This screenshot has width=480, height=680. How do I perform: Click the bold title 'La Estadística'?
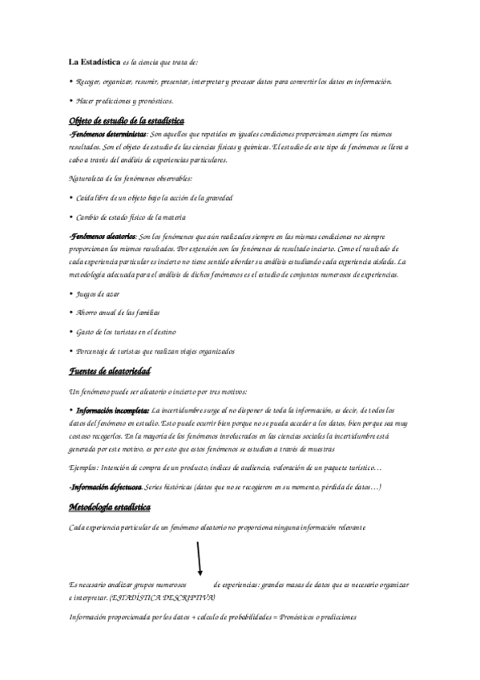pos(93,62)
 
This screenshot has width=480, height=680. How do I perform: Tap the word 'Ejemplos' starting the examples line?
pos(84,467)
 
